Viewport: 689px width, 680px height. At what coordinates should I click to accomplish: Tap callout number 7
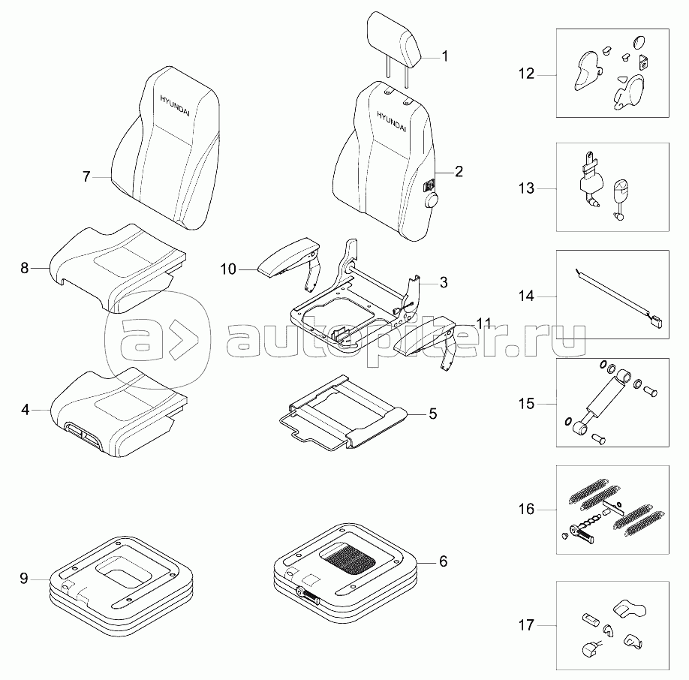86,177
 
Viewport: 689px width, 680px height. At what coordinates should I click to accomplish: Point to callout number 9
24,578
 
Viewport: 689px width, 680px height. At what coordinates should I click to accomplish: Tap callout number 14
525,297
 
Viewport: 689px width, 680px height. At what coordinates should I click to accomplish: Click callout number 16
525,510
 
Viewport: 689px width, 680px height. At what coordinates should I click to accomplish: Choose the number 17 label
525,625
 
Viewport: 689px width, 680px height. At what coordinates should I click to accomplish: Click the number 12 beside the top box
525,74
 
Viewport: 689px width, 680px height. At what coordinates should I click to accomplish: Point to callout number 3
444,282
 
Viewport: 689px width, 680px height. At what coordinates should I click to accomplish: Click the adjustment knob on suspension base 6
302,592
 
